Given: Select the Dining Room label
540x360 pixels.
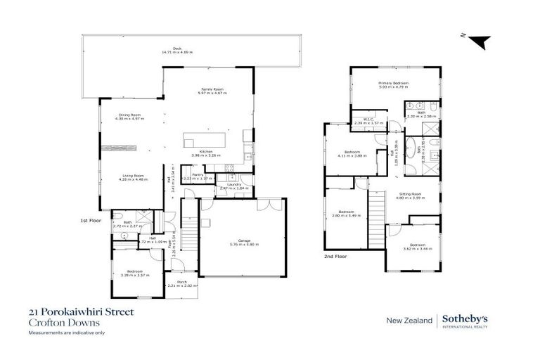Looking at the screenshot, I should (129, 115).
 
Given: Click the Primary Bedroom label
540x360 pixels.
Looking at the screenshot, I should (393, 82).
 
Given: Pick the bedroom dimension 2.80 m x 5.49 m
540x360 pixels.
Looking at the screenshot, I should (348, 215).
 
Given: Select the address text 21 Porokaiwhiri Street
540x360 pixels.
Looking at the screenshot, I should (81, 311).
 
